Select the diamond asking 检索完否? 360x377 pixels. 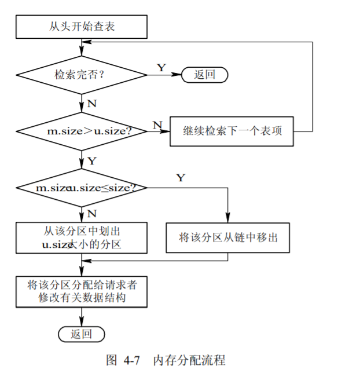(x=81, y=75)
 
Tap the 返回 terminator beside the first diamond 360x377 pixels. (x=204, y=75)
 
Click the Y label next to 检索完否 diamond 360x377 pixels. (x=161, y=68)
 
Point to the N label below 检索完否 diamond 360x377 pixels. (x=91, y=104)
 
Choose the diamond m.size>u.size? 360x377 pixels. (x=81, y=131)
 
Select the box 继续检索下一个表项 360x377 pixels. (x=231, y=131)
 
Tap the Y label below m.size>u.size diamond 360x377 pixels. (x=91, y=160)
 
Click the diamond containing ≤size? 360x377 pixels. (x=81, y=188)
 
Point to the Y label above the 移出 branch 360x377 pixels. (x=181, y=178)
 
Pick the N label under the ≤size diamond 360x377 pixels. (x=91, y=214)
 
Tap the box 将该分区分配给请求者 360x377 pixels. (x=81, y=291)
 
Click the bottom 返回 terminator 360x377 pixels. (x=81, y=334)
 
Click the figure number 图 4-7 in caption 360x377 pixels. (x=123, y=360)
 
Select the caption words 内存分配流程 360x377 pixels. (x=189, y=360)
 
